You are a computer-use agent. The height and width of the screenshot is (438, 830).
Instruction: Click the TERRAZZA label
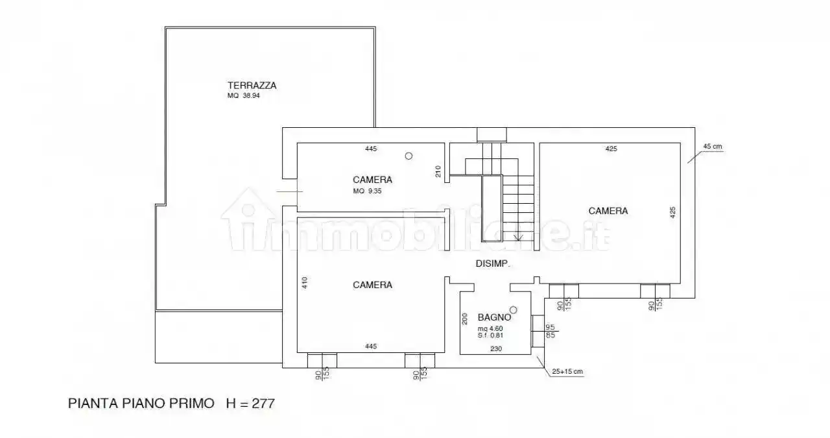[252, 85]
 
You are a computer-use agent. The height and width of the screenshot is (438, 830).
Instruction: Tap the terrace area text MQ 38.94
[243, 95]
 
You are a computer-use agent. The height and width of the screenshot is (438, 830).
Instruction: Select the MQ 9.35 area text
[368, 191]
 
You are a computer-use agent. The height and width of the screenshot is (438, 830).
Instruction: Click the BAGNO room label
[495, 317]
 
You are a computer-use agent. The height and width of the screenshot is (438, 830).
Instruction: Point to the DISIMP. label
[493, 264]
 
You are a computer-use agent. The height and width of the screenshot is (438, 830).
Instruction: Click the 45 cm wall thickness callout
[712, 147]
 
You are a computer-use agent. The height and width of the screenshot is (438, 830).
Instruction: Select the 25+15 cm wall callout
[568, 372]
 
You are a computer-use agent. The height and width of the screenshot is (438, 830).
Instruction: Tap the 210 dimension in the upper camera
[438, 171]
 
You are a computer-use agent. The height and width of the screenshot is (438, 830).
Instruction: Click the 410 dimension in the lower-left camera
[303, 283]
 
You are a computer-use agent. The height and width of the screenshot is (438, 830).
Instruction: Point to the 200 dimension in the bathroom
[464, 319]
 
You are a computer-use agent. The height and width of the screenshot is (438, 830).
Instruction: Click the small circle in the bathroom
[514, 310]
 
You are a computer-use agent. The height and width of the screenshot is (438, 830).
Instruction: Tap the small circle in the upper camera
[409, 156]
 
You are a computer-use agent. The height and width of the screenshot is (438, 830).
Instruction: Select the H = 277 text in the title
[250, 403]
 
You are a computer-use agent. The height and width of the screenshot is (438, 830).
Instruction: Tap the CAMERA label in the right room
[608, 211]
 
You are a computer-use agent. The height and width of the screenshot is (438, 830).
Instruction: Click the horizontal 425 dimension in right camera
[611, 149]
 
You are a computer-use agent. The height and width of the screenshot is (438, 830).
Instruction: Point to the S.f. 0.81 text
[490, 335]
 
